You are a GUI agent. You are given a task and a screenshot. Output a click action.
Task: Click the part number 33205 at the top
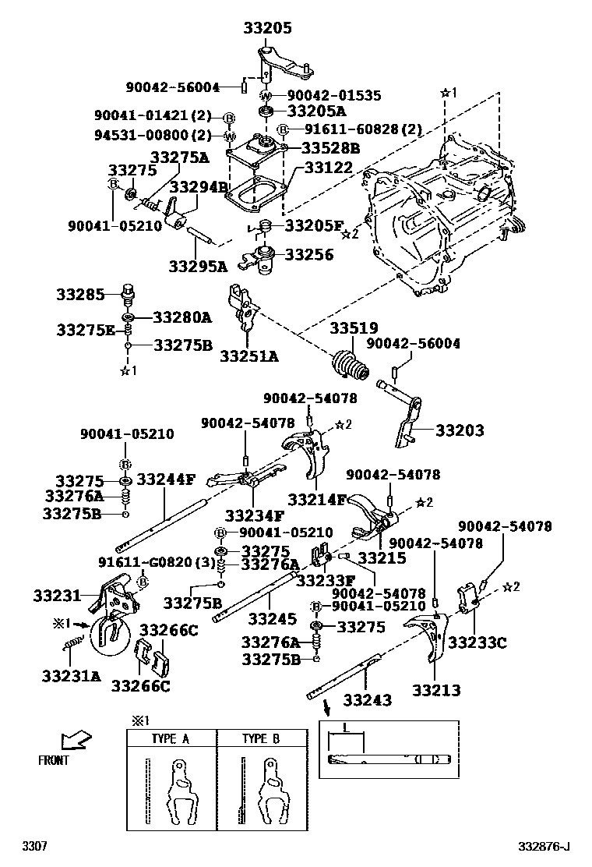tap(267, 29)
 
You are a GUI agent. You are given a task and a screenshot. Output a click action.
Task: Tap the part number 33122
tap(328, 168)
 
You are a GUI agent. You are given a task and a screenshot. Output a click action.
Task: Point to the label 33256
tap(308, 254)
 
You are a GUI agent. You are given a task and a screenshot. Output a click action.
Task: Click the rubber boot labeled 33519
tap(353, 368)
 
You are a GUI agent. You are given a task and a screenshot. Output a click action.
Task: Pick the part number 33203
tap(459, 430)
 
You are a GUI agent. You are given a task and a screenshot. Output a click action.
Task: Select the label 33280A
tap(182, 317)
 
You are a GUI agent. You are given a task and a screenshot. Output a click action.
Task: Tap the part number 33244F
tap(165, 480)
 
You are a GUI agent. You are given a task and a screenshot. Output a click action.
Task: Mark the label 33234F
tap(255, 515)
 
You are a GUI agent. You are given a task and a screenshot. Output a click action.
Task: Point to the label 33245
tap(273, 619)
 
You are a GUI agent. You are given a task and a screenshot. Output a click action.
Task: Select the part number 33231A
tap(71, 676)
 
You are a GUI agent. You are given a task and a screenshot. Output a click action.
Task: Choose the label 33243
tap(370, 701)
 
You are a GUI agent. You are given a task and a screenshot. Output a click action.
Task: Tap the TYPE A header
tap(171, 739)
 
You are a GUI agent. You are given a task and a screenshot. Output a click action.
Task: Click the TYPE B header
tap(260, 739)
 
